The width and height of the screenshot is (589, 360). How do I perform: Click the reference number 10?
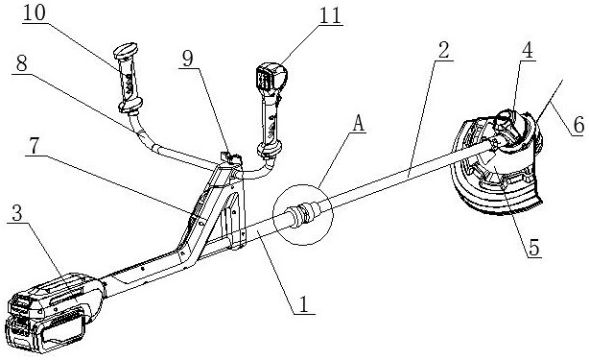click(x=35, y=13)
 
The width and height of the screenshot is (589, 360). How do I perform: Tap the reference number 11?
click(x=330, y=15)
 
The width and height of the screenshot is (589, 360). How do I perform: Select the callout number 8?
click(x=21, y=64)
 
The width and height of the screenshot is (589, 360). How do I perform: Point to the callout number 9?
click(x=187, y=59)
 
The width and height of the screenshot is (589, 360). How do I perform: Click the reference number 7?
click(x=35, y=146)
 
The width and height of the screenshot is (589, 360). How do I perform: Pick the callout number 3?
click(x=17, y=213)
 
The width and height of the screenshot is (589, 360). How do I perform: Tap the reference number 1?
click(x=303, y=304)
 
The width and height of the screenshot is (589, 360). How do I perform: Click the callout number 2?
click(x=443, y=50)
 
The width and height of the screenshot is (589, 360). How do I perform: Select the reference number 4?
click(x=528, y=50)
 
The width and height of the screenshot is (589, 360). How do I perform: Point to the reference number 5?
click(x=533, y=248)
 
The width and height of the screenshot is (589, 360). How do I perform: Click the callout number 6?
click(x=578, y=125)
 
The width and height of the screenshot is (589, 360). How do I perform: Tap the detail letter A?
click(x=359, y=124)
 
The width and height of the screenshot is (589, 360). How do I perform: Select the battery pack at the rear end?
click(x=54, y=313)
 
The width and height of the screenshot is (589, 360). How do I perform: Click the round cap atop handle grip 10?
click(x=126, y=50)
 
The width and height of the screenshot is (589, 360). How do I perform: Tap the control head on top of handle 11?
click(x=271, y=77)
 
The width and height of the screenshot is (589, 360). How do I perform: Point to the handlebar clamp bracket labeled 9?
click(x=230, y=157)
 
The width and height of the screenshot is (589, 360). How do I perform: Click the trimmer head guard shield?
click(x=496, y=165)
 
